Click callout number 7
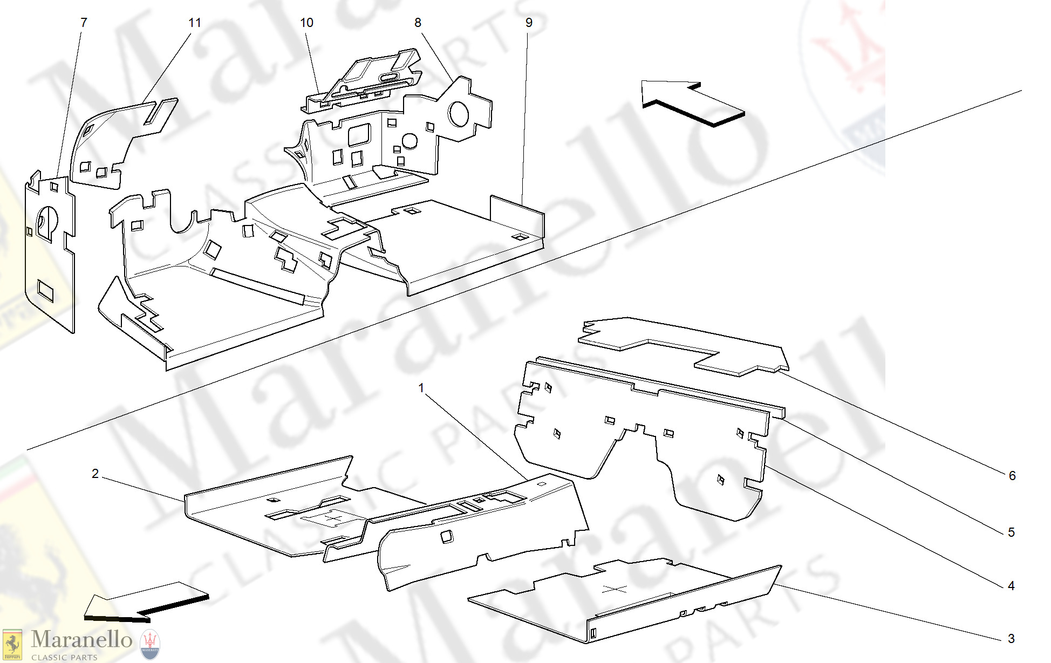pos(84,23)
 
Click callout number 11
pos(195,23)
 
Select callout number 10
pos(306,23)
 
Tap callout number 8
pos(418,23)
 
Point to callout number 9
pos(529,23)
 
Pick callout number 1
pos(421,388)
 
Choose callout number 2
pos(95,474)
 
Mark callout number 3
pos(1011,639)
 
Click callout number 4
pos(1011,586)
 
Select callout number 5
pos(1011,532)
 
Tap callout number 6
pos(1012,476)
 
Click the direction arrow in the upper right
pos(693,103)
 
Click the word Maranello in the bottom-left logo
pos(81,640)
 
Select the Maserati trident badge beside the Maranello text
pos(150,644)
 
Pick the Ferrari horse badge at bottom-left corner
pos(12,645)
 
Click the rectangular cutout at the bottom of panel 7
pos(45,291)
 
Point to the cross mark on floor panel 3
pos(614,589)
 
